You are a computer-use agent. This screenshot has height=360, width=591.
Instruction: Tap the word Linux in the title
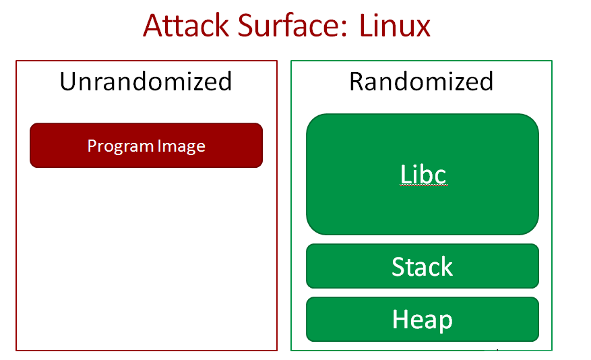[x=395, y=26]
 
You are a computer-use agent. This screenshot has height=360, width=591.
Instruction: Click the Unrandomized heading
[x=146, y=82]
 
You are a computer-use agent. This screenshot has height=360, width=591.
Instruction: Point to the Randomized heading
[x=421, y=82]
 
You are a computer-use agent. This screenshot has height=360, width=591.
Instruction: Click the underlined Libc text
[x=423, y=174]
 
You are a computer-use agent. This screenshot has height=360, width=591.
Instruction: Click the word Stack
[x=423, y=267]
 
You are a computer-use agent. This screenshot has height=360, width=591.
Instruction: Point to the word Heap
[x=423, y=320]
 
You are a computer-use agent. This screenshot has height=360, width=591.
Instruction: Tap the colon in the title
[x=350, y=30]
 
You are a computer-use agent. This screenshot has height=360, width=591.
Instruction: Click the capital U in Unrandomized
[x=67, y=82]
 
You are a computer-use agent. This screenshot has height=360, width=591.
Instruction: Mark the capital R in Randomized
[x=357, y=82]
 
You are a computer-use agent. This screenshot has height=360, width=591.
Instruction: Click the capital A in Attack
[x=154, y=26]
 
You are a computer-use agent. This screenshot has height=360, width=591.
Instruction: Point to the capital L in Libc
[x=405, y=174]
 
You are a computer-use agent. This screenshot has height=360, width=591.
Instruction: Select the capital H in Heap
[x=400, y=320]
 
